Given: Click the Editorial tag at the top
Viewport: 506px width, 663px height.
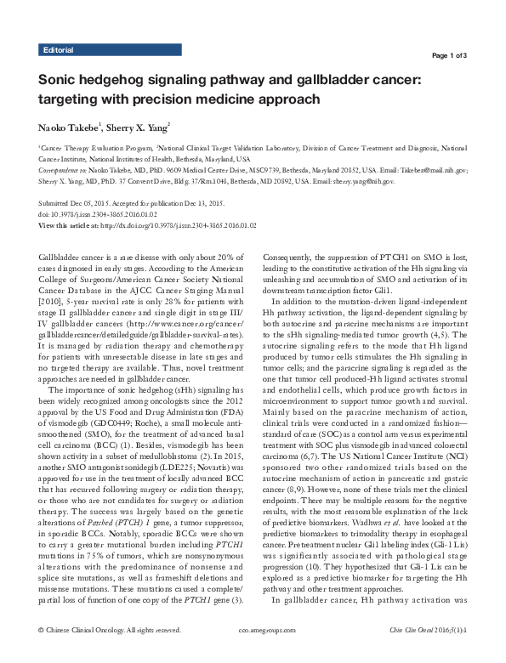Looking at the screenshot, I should (x=57, y=51).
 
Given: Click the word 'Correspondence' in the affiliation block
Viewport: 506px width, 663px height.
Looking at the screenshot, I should (x=57, y=169).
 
